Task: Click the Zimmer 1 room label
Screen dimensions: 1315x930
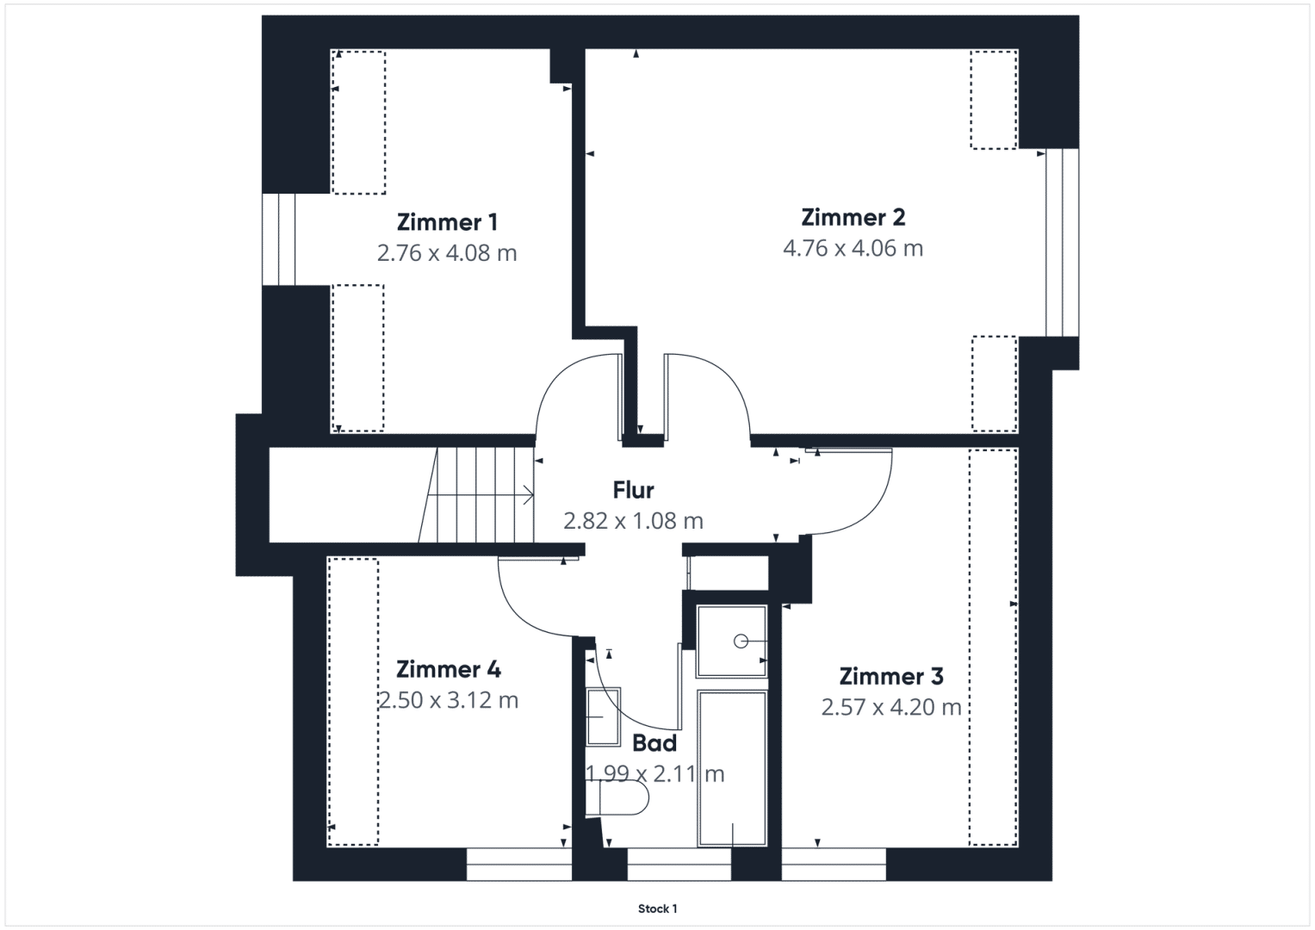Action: click(x=447, y=222)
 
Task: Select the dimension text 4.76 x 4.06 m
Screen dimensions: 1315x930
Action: click(x=853, y=248)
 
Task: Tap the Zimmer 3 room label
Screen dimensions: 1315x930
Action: click(x=891, y=676)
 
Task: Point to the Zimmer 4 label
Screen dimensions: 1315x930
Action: click(x=449, y=669)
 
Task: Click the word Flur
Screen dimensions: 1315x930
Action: click(x=634, y=490)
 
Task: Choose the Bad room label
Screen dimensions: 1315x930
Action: click(x=654, y=743)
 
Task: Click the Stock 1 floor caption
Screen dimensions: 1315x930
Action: click(x=658, y=908)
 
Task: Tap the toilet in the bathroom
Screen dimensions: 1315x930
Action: click(x=617, y=798)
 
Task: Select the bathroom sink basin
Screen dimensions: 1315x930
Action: click(x=603, y=716)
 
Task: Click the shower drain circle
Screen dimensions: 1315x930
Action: click(x=741, y=642)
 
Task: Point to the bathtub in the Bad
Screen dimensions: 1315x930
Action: click(x=732, y=768)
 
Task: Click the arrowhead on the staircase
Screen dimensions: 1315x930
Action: click(x=529, y=495)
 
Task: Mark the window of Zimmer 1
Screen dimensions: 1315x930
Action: click(x=278, y=239)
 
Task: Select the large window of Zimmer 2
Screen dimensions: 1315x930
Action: click(x=1062, y=243)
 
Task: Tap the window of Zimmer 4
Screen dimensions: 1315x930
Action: click(x=519, y=864)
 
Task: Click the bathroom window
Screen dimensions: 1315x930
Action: click(x=679, y=864)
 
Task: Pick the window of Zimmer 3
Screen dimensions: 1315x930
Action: click(x=834, y=864)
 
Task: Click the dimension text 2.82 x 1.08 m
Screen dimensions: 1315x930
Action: click(x=634, y=521)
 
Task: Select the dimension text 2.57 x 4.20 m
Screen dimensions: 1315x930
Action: click(x=891, y=707)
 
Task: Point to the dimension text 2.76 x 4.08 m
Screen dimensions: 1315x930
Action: click(x=447, y=253)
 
